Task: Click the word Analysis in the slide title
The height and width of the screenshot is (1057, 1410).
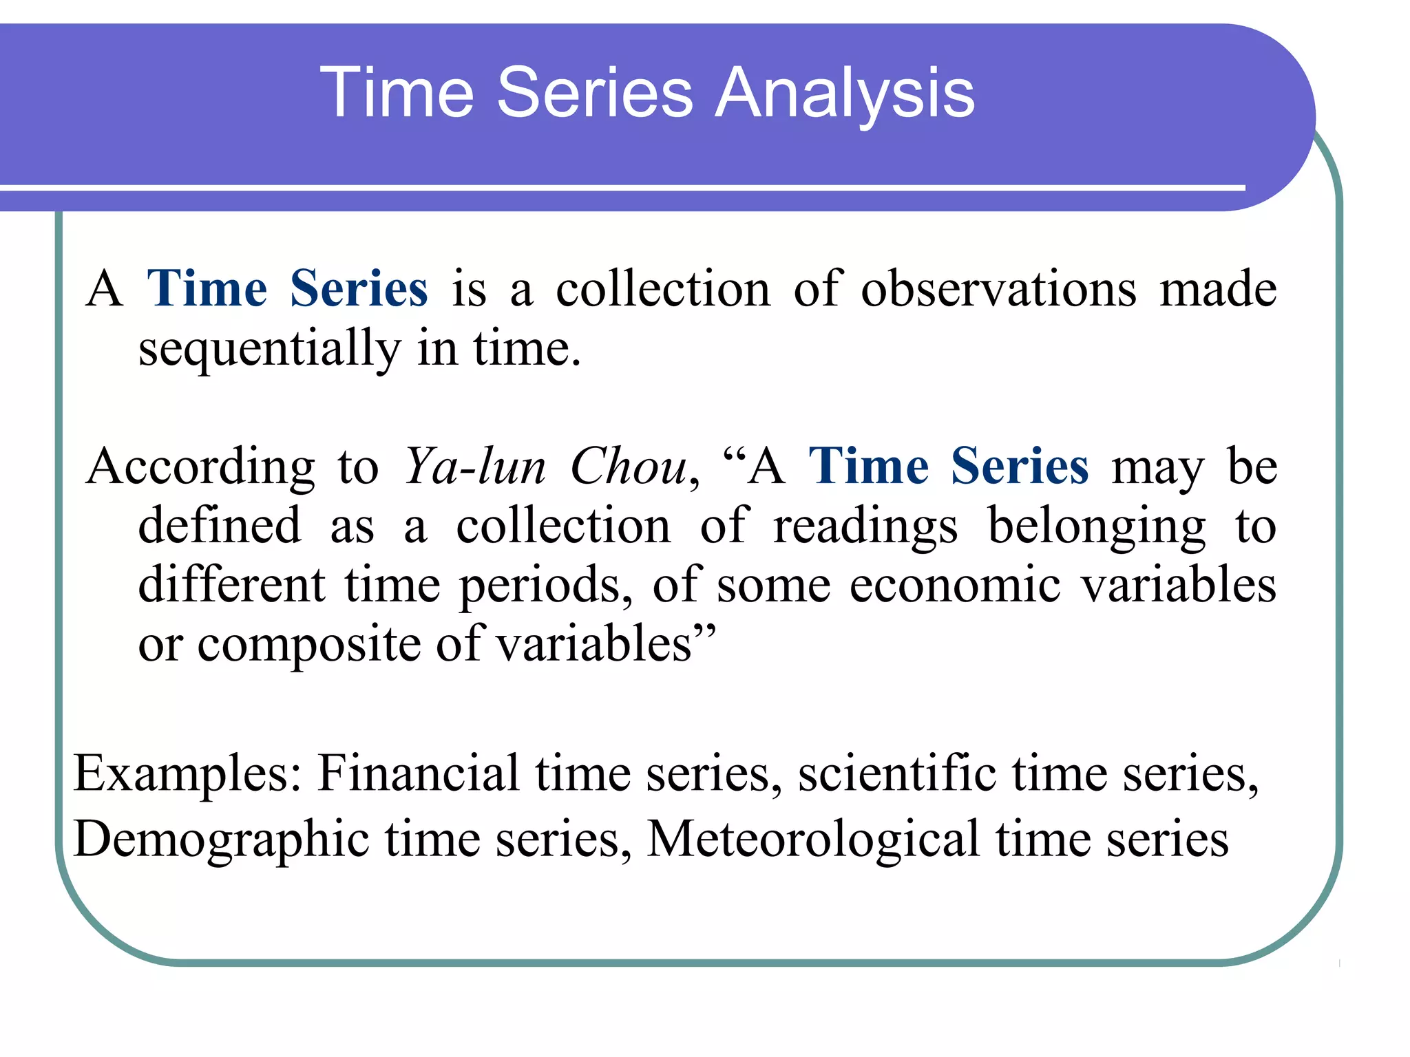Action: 845,94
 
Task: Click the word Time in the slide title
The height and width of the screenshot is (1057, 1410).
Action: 397,92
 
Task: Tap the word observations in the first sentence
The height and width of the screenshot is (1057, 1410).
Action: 998,288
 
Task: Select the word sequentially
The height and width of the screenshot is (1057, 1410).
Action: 269,349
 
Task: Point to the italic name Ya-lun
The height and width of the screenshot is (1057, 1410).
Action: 475,467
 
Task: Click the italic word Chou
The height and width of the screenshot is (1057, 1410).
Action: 629,467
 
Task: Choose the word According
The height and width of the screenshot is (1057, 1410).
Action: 201,467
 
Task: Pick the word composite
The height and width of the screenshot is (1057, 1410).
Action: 309,645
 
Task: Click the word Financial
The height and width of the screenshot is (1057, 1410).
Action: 419,773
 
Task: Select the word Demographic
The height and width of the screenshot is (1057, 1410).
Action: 221,840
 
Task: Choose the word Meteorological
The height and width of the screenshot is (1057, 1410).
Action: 813,840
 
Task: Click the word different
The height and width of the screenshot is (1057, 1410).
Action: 232,586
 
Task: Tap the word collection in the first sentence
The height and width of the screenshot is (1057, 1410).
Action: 663,288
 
